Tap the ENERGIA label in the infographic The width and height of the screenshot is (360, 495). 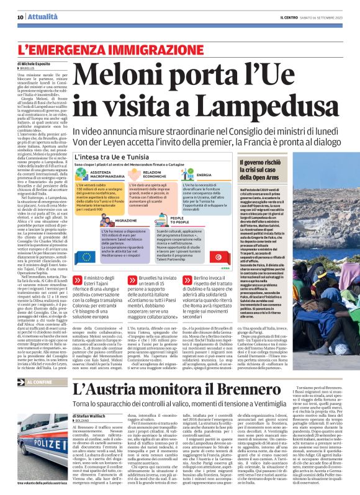(204, 176)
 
